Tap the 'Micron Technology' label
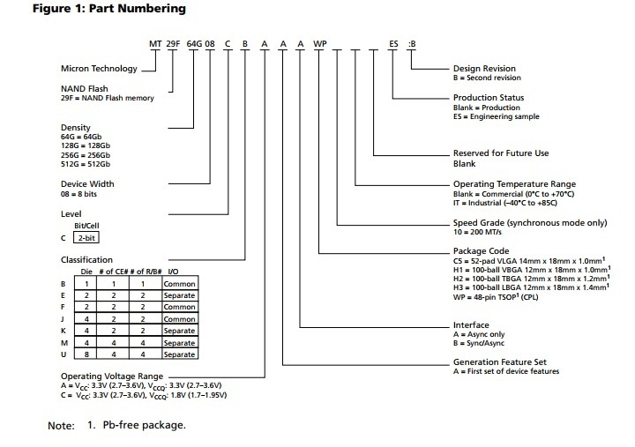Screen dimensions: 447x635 point(99,68)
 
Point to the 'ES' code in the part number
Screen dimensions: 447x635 point(394,42)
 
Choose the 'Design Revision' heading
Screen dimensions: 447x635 point(484,68)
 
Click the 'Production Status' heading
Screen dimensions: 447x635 point(489,97)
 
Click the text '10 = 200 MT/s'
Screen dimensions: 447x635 point(482,233)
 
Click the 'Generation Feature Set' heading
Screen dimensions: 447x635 point(500,362)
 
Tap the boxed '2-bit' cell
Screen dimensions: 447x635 point(86,238)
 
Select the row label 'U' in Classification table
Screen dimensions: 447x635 point(63,354)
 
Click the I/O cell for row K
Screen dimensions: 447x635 point(179,331)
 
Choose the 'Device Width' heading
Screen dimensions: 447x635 point(87,184)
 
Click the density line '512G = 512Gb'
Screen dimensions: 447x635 point(86,165)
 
